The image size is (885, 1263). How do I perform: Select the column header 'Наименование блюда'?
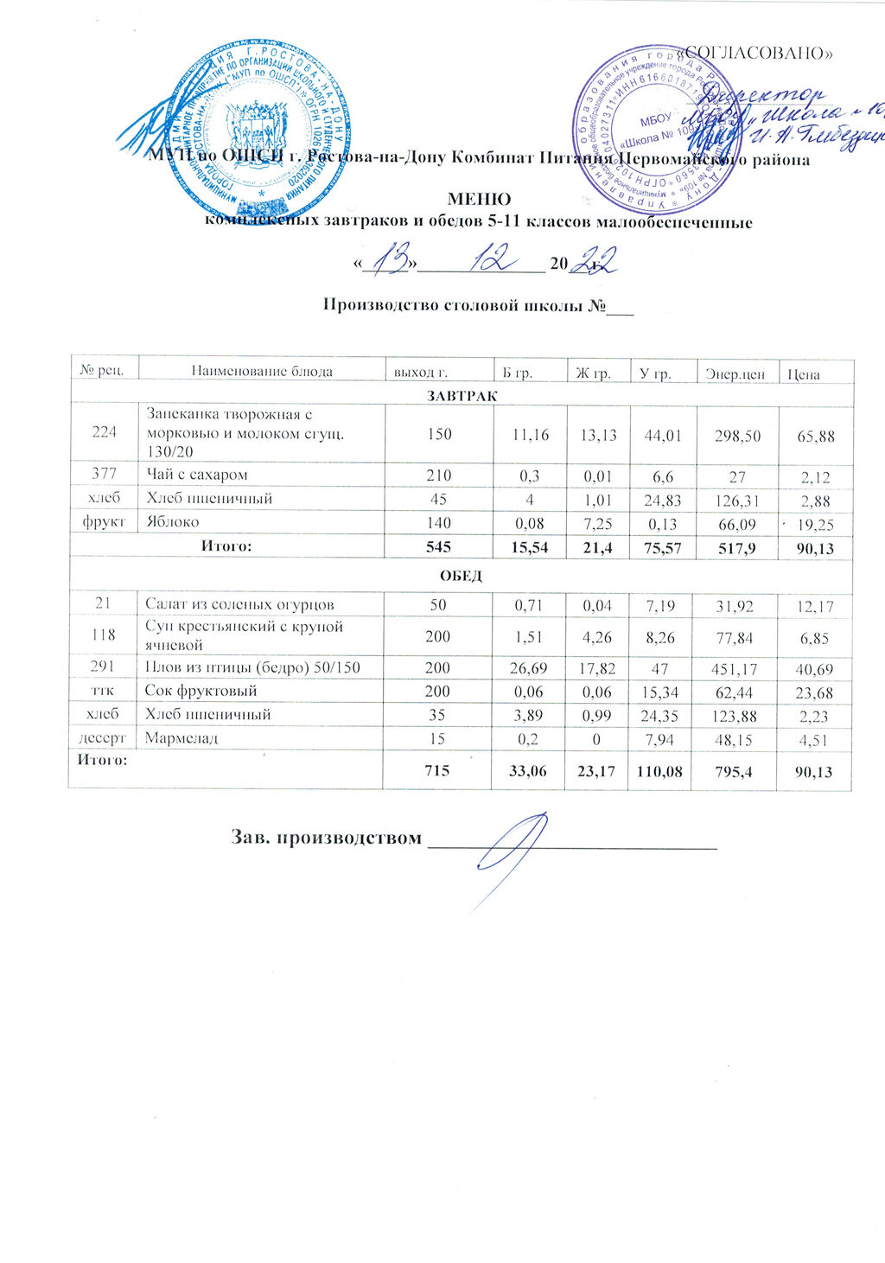(x=261, y=373)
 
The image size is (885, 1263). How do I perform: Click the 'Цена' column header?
(x=803, y=374)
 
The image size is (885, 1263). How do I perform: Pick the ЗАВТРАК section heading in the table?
(x=462, y=395)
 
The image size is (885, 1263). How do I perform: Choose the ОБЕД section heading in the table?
(x=462, y=576)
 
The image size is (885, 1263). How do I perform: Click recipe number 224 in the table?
(x=105, y=434)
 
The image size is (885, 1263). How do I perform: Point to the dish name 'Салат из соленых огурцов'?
(x=240, y=604)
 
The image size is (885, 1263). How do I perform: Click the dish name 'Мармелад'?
(x=181, y=738)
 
